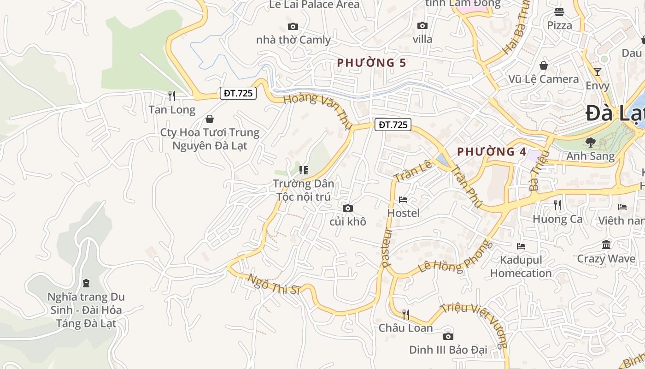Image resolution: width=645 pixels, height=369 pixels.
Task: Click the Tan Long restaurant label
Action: point(172,110)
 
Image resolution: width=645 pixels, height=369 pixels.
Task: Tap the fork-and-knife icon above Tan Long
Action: point(172,95)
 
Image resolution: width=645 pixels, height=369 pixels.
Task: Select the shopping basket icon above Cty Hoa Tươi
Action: point(210,119)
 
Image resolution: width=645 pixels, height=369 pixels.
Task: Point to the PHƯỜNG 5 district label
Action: point(371,63)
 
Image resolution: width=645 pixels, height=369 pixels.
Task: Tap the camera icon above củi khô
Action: point(348,208)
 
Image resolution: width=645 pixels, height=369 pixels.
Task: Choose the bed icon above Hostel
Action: point(403,200)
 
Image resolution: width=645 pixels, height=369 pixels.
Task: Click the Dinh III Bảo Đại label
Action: point(448,350)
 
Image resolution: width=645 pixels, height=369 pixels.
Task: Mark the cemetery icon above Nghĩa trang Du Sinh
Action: point(86,283)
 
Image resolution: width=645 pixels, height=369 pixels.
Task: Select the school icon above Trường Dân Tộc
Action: point(303,170)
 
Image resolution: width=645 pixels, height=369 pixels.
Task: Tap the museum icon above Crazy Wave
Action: point(606,244)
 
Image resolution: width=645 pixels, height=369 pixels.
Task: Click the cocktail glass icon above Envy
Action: point(598,71)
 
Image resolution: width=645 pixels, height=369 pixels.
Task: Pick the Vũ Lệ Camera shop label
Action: point(544,79)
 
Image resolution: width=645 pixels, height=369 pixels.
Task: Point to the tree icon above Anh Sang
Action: point(590,143)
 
